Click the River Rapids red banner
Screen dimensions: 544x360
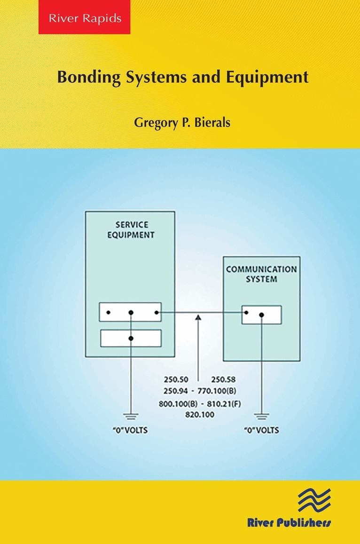point(84,19)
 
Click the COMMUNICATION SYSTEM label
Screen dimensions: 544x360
point(261,274)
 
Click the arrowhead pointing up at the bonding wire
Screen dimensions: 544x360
point(198,319)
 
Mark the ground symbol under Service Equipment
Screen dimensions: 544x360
point(131,416)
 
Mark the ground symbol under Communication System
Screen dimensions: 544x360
point(261,416)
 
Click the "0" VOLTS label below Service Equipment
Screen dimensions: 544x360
point(131,430)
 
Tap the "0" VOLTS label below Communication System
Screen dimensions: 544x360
point(261,430)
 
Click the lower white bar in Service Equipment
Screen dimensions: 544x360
point(131,338)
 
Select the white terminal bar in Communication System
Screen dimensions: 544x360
point(262,315)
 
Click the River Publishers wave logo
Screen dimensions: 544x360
point(315,498)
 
